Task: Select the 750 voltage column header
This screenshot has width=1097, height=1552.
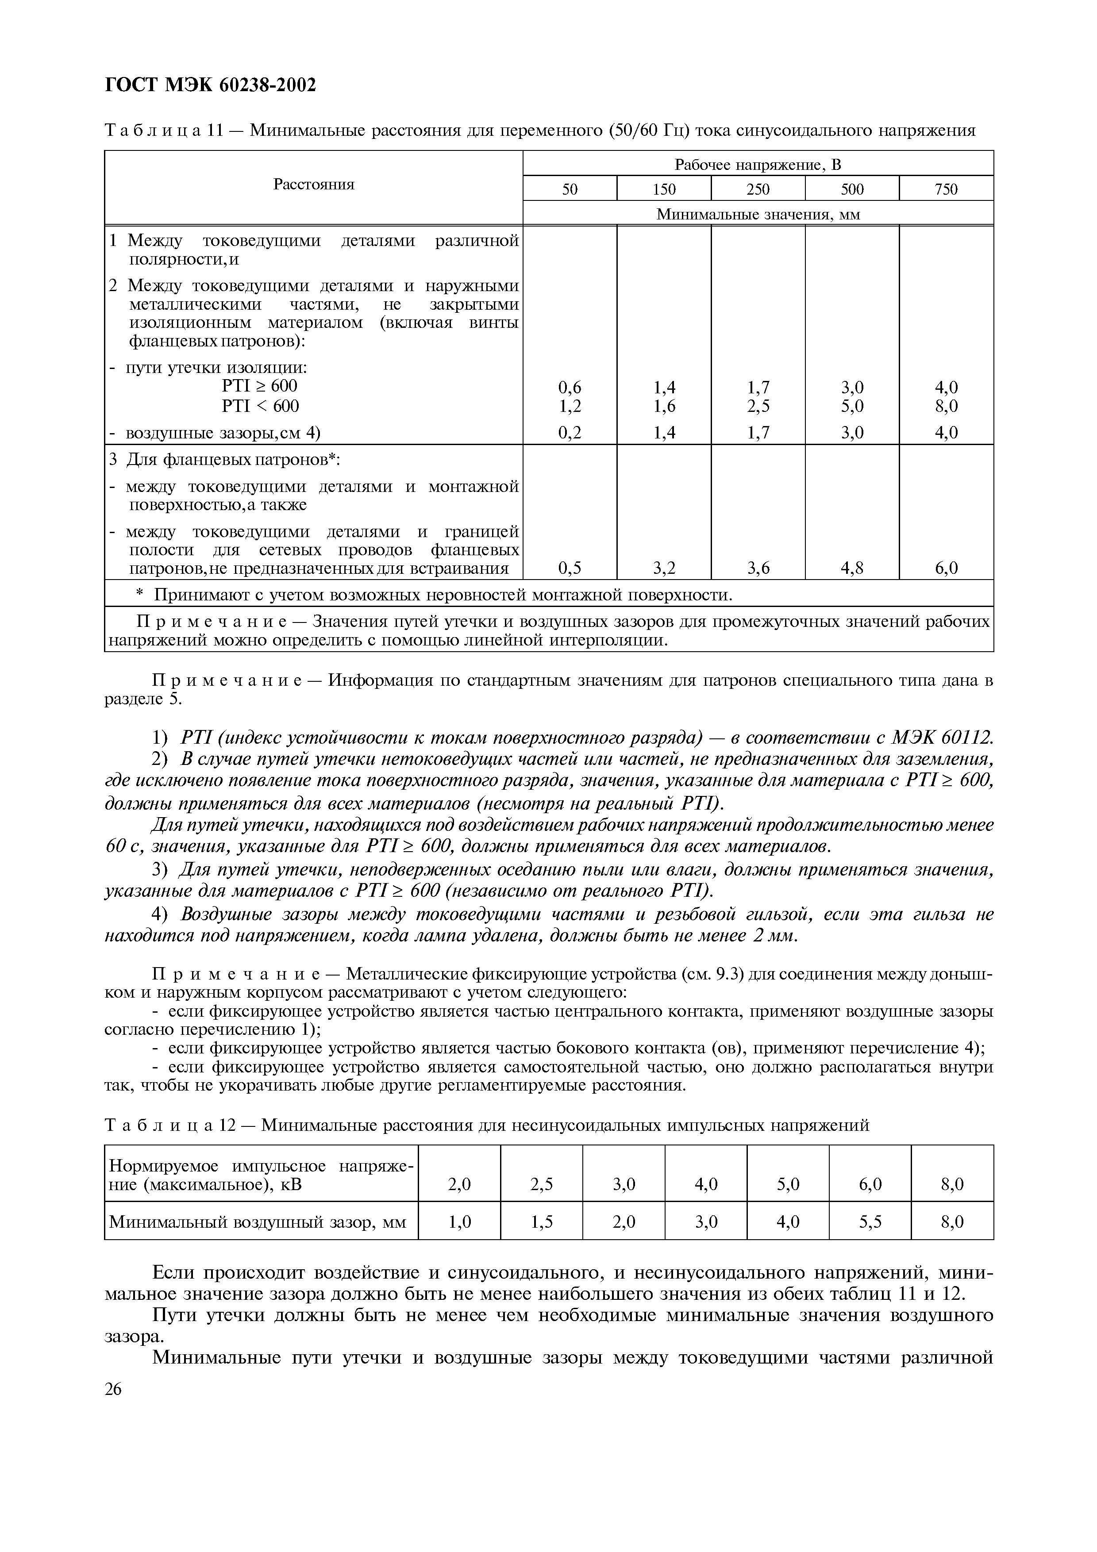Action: [946, 189]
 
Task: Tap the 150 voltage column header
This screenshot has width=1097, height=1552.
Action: [664, 189]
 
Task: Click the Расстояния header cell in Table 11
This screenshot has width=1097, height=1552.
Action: [314, 184]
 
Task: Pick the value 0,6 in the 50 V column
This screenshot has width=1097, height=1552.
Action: [570, 387]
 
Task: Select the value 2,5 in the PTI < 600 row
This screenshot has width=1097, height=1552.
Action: [758, 406]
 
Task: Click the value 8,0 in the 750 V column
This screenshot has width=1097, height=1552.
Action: [946, 406]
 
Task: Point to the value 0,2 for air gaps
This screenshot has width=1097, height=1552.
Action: [570, 433]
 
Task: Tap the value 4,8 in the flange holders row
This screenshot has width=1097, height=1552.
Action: [852, 569]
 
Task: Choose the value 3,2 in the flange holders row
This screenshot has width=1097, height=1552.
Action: [664, 569]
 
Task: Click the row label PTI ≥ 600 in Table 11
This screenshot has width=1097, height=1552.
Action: [260, 386]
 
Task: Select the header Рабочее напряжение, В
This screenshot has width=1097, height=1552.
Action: [758, 164]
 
